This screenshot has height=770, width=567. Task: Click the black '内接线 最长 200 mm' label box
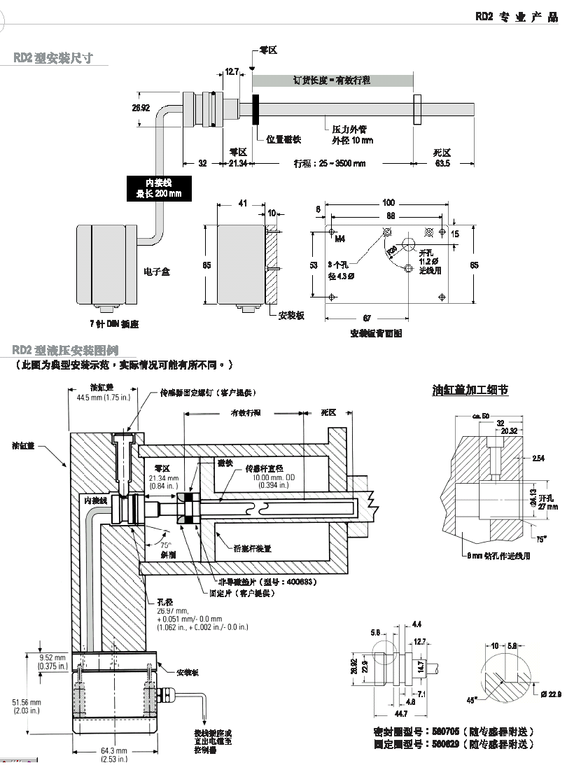[x=158, y=188]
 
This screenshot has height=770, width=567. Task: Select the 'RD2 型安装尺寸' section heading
[x=53, y=57]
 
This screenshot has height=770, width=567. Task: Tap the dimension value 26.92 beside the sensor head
[x=141, y=108]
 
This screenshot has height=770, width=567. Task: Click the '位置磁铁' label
[x=283, y=139]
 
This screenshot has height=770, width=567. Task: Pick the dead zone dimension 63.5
[x=442, y=163]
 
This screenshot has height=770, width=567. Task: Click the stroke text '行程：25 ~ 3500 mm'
[x=328, y=164]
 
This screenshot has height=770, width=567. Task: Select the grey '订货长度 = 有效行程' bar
[x=332, y=80]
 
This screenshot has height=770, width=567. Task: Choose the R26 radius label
[x=392, y=248]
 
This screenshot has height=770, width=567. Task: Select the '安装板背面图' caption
[x=376, y=334]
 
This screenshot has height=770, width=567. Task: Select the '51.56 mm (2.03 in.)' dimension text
[x=27, y=706]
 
